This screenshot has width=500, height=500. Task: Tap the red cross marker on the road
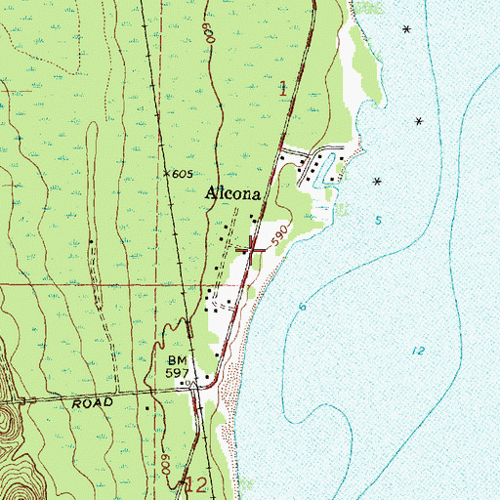click(253, 249)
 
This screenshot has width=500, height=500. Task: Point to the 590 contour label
click(279, 237)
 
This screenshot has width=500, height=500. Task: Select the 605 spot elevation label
click(180, 173)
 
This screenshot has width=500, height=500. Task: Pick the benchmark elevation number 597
click(175, 374)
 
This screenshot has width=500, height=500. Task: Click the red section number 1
click(283, 88)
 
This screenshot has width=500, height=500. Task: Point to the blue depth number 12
click(418, 350)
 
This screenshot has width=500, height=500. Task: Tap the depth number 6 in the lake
click(303, 308)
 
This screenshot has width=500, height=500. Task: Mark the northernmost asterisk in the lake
click(406, 28)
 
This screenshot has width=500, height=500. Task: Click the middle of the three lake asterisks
click(419, 121)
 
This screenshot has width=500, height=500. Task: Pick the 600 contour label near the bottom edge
click(167, 469)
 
